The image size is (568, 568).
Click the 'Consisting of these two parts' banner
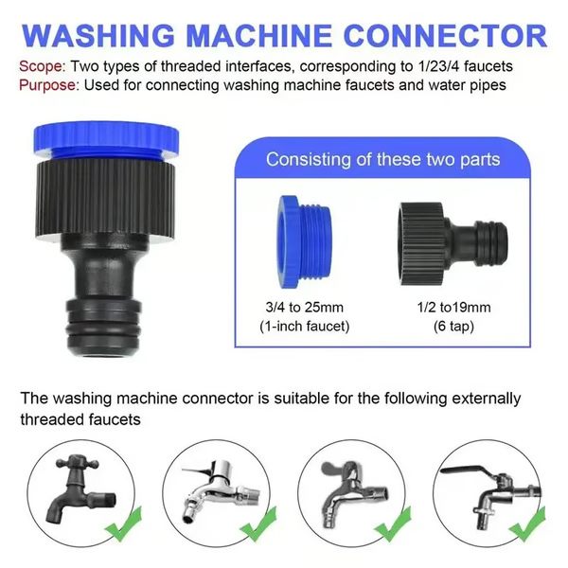[382, 158]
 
